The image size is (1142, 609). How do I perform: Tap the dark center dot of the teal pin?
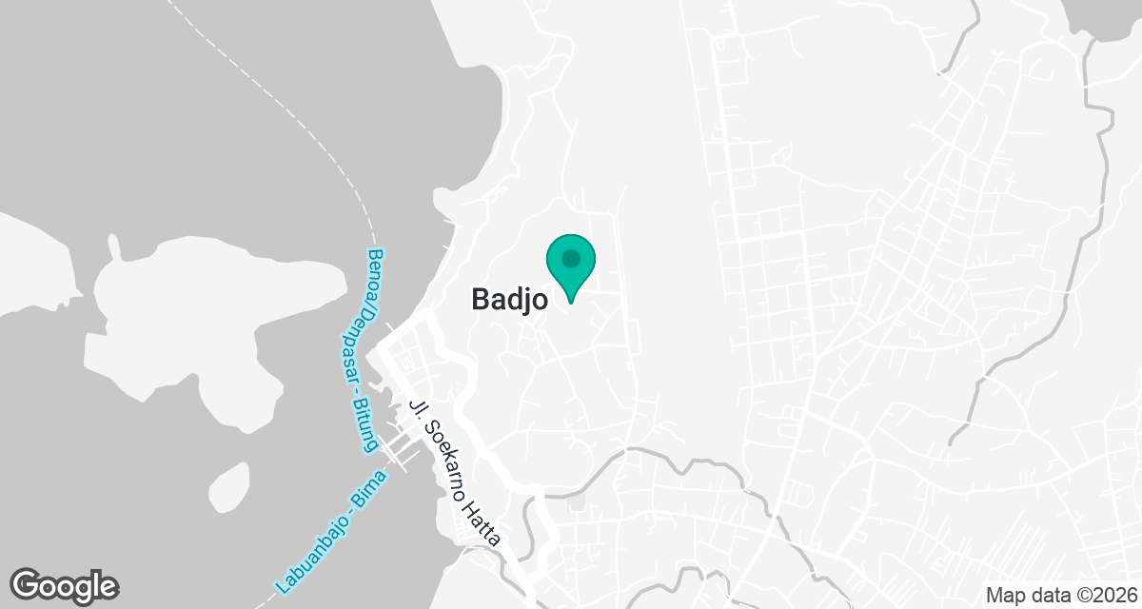(x=570, y=258)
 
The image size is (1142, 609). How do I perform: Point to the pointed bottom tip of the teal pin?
(x=571, y=303)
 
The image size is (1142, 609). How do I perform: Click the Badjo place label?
(x=509, y=300)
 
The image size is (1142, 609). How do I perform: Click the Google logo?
(x=64, y=584)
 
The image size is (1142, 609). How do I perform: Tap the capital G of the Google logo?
(x=26, y=583)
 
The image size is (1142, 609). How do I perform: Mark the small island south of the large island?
(x=228, y=485)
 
